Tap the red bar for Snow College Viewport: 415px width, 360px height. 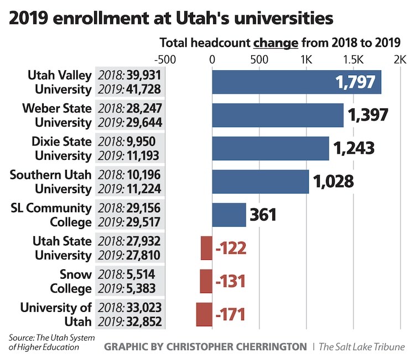(x=206, y=281)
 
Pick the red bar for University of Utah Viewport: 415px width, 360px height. (x=204, y=315)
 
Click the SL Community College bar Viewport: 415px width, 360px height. (x=229, y=215)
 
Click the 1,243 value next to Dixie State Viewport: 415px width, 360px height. (x=353, y=148)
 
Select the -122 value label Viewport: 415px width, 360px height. (x=230, y=248)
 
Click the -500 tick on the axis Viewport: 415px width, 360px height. (x=164, y=59)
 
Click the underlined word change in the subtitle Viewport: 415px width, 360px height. (x=276, y=43)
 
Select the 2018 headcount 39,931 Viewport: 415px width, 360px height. (x=144, y=75)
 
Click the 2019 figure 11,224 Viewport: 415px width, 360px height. (x=144, y=189)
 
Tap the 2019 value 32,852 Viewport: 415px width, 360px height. (x=144, y=322)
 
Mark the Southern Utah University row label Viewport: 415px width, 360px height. (x=50, y=181)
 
